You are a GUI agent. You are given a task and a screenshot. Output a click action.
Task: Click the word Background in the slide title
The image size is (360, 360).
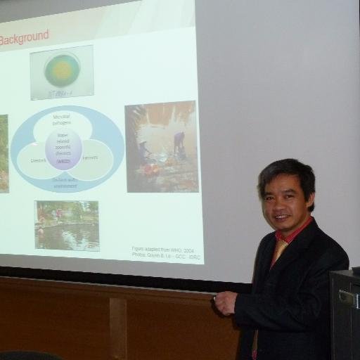24,36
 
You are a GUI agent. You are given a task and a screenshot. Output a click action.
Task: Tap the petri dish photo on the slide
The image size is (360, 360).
62,72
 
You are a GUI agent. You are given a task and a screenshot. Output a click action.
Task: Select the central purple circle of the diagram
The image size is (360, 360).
63,148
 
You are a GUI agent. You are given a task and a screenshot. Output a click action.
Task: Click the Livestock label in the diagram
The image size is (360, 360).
38,160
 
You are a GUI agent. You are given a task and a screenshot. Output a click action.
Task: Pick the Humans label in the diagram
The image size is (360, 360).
91,159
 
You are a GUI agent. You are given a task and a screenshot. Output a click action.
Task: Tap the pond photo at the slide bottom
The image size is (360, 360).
67,225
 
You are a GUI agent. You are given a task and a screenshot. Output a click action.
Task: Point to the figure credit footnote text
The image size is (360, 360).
165,252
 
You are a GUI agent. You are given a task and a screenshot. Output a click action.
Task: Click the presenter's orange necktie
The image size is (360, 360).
278,250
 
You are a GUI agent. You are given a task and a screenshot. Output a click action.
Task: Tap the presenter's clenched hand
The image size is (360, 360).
226,303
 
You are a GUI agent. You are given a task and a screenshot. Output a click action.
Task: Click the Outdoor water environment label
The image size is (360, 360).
64,179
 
